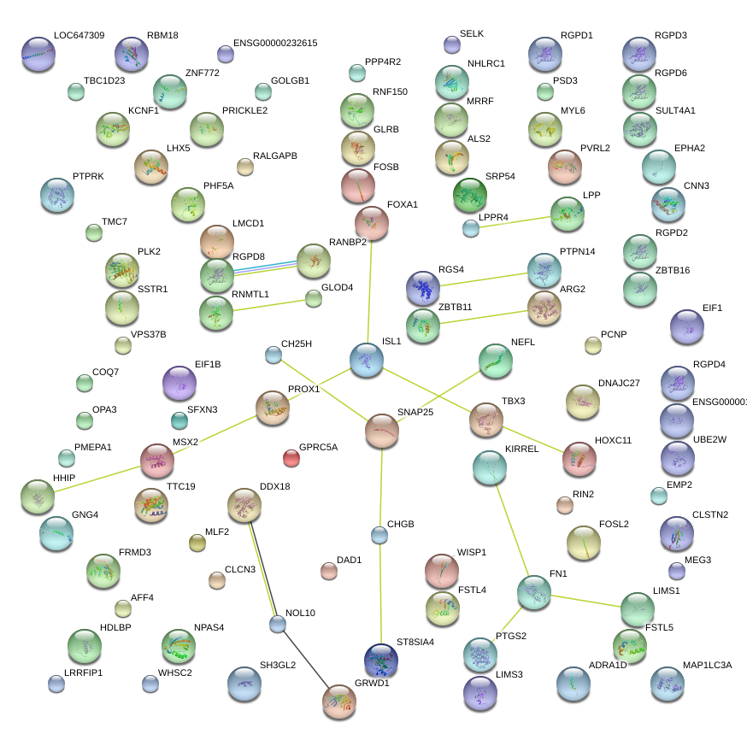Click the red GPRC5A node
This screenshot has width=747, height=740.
pos(291,458)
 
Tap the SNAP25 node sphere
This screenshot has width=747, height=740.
pos(382,432)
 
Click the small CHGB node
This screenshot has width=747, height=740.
pos(379,536)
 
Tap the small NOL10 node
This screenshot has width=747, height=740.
pos(277,624)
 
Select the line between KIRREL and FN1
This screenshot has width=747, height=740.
pos(512,530)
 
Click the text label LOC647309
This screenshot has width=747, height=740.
pos(79,36)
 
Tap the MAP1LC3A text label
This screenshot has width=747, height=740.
pos(708,664)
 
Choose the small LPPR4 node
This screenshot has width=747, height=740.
pos(470,228)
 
